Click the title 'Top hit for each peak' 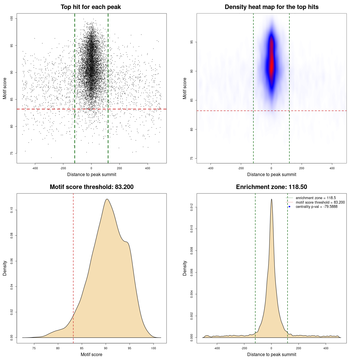[91, 7]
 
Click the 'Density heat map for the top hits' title [271, 7]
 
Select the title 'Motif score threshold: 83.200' [91, 187]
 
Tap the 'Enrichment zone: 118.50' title [271, 187]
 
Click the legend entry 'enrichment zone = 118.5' [316, 198]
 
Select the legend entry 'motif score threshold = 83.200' [320, 202]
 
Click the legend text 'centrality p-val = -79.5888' [316, 207]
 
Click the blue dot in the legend [289, 207]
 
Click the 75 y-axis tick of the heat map [192, 159]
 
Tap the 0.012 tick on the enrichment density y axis [192, 208]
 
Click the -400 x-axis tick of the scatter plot [35, 168]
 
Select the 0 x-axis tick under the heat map [271, 168]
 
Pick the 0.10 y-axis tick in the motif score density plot [12, 210]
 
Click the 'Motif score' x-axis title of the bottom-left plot [91, 354]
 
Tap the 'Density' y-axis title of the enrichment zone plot [185, 268]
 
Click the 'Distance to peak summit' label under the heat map [271, 174]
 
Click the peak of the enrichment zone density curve [271, 199]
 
